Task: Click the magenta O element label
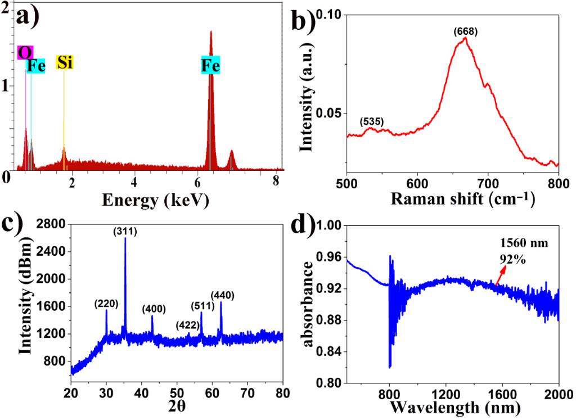pos(25,52)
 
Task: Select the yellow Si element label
pos(65,62)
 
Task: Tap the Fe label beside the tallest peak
pos(211,66)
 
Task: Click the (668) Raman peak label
pos(466,31)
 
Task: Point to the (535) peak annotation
pos(372,121)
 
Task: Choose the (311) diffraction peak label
pos(125,231)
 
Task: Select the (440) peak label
pos(222,295)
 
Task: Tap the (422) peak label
pos(187,325)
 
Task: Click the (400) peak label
pos(154,309)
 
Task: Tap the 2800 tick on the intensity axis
pos(52,225)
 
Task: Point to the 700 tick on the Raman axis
pos(488,183)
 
